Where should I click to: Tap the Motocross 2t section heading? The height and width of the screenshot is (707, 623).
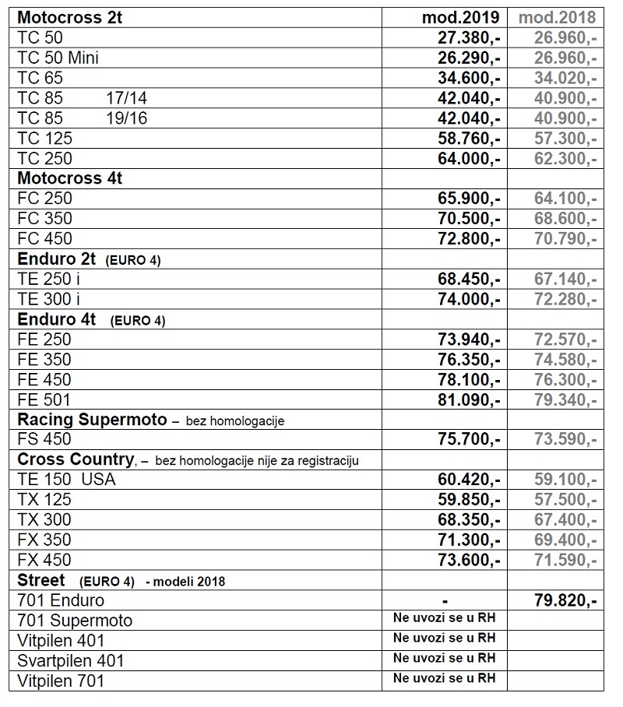[70, 17]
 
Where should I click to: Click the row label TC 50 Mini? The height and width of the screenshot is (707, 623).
[58, 58]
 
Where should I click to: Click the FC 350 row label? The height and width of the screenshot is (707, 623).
[44, 218]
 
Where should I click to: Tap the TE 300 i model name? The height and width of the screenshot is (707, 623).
[49, 299]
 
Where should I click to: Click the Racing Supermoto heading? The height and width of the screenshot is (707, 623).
[92, 420]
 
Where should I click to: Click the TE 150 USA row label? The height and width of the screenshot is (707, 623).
[66, 480]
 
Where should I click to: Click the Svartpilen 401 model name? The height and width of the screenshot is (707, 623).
[71, 661]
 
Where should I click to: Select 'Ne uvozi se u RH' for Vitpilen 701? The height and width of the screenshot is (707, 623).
[444, 678]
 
